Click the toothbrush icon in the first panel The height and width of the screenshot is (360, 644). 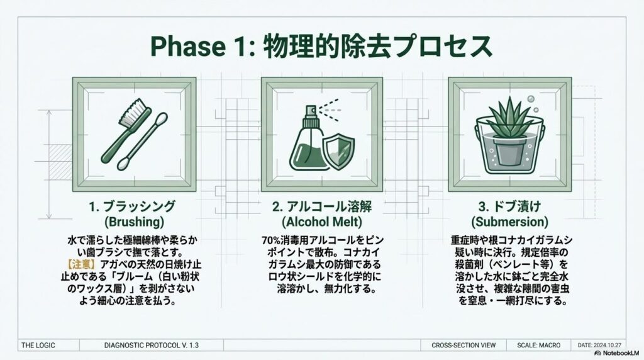click(125, 130)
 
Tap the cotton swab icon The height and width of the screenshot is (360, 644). click(143, 141)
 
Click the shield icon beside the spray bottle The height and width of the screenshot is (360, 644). click(338, 150)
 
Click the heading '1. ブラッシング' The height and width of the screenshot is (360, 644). click(132, 206)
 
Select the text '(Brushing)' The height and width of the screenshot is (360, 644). click(134, 222)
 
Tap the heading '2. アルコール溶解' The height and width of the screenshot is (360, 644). click(321, 206)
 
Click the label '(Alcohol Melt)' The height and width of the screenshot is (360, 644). click(322, 222)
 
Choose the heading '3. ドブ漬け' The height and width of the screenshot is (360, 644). click(509, 206)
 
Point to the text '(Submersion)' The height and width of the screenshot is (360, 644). click(509, 222)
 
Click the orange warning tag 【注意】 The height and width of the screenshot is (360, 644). click(81, 264)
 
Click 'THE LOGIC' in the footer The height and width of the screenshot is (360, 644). click(38, 345)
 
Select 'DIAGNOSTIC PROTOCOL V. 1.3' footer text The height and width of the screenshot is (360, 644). click(151, 345)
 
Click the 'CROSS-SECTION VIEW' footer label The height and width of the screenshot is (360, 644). click(464, 345)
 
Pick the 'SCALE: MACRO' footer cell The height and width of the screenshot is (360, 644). click(538, 345)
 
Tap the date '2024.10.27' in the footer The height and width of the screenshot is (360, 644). click(608, 345)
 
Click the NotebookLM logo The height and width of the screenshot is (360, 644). click(616, 353)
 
